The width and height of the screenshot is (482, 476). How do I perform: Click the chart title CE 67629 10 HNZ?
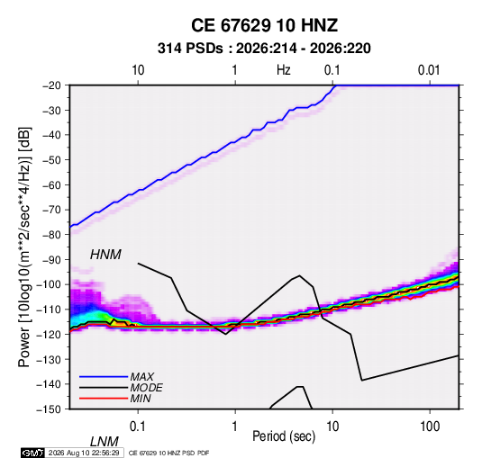click(264, 25)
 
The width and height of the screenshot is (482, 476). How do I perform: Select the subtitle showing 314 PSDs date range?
click(264, 49)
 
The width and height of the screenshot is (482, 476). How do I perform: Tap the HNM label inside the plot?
click(105, 255)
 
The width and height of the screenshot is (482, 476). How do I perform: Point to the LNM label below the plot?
click(104, 442)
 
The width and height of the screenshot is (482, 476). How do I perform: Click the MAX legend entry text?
click(141, 376)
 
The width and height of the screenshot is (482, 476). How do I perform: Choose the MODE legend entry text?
click(146, 388)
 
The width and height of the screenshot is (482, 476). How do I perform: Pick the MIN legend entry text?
click(141, 399)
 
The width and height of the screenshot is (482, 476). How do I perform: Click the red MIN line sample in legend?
click(104, 399)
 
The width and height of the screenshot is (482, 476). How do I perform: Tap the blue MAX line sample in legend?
click(104, 376)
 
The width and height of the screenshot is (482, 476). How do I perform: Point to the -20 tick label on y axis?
click(51, 85)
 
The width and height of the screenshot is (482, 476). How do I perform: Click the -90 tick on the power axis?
click(51, 260)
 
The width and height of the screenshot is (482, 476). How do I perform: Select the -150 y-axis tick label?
click(49, 409)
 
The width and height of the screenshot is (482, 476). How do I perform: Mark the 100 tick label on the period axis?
click(430, 427)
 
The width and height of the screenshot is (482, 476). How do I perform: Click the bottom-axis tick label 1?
click(235, 427)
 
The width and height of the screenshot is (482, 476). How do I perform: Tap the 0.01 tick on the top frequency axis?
click(429, 70)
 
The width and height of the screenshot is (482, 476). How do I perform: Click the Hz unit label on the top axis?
click(284, 70)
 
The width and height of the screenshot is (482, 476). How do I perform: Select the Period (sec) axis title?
click(284, 436)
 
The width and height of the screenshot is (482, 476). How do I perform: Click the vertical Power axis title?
click(24, 247)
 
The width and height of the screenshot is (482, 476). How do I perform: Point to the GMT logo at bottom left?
click(32, 453)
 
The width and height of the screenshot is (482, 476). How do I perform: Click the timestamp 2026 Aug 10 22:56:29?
click(84, 453)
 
